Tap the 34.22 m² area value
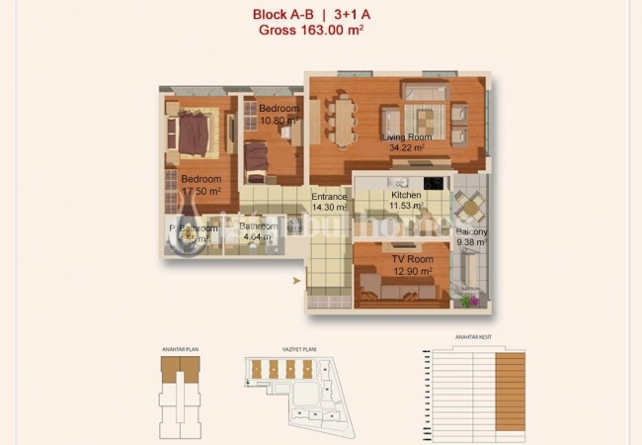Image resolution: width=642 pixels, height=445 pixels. pyautogui.click(x=406, y=147)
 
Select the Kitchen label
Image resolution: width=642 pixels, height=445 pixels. pyautogui.click(x=406, y=196)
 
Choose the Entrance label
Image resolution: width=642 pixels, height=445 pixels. pyautogui.click(x=329, y=197)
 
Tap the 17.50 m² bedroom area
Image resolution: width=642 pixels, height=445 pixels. pyautogui.click(x=201, y=191)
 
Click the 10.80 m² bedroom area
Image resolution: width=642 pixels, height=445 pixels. pyautogui.click(x=280, y=121)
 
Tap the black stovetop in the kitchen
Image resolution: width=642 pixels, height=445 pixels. pyautogui.click(x=434, y=183)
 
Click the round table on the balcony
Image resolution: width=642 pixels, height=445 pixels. pyautogui.click(x=471, y=207)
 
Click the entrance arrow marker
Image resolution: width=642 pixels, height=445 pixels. pyautogui.click(x=296, y=281)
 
